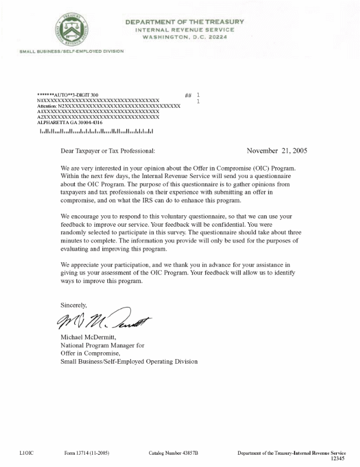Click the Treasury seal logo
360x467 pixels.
[72, 28]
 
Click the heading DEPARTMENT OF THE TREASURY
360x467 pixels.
[184, 22]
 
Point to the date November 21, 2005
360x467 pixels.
[277, 150]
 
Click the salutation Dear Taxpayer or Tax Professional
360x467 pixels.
[108, 151]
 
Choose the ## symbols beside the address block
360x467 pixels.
[188, 95]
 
